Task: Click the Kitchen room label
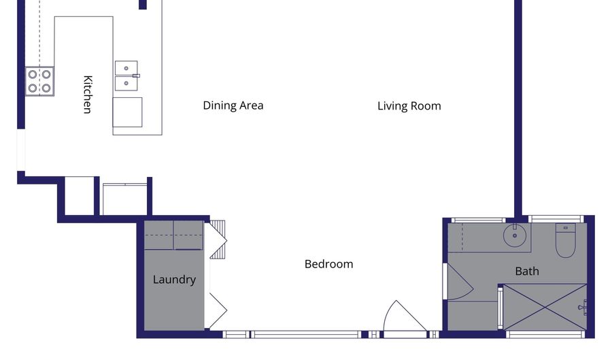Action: point(88,95)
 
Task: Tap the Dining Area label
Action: point(233,105)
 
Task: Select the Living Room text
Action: point(409,106)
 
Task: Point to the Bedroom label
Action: point(328,264)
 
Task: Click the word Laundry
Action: point(174,280)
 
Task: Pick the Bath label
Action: point(527,271)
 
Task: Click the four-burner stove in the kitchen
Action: point(40,81)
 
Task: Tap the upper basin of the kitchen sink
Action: point(126,68)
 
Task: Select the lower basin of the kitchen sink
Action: point(126,83)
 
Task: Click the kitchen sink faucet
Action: point(136,76)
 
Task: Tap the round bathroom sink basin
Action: point(515,235)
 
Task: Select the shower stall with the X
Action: point(545,308)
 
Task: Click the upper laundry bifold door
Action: point(218,240)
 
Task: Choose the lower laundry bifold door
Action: point(218,311)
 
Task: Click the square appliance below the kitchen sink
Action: point(128,112)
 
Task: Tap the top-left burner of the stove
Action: point(33,73)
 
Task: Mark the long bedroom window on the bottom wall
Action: point(305,335)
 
